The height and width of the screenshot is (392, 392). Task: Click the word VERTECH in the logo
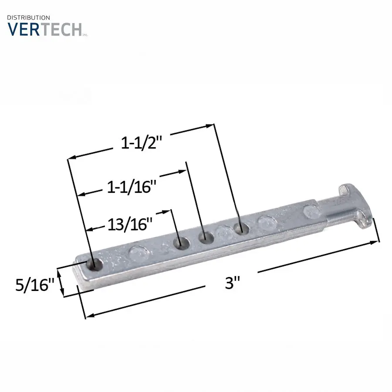tap(45, 29)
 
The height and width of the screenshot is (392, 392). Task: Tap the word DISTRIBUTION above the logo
tap(28, 17)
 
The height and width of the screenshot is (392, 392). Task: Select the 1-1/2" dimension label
tap(142, 143)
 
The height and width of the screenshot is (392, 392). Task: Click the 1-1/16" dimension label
tap(132, 187)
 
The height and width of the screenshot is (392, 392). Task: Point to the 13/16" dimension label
tap(130, 224)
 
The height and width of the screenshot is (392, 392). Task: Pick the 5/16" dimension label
tap(35, 285)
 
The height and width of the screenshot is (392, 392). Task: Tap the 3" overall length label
tap(232, 283)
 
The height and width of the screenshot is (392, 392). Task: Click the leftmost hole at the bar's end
tap(95, 265)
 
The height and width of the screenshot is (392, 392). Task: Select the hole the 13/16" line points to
tap(182, 243)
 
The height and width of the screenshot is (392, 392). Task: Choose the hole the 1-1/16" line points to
tap(206, 238)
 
